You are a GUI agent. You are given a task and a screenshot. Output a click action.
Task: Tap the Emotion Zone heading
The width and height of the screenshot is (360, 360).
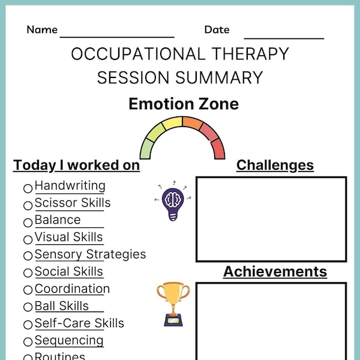183,104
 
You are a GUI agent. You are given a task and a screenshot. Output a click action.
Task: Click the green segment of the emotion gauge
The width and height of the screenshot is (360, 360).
147,145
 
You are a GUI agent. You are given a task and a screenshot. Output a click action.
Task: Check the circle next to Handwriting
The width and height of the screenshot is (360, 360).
28,188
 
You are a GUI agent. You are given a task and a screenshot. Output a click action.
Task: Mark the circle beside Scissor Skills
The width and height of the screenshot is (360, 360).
28,205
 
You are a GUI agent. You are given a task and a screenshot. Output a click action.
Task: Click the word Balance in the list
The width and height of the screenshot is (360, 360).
58,220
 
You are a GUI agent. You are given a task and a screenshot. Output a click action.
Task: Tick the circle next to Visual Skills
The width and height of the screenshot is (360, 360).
28,239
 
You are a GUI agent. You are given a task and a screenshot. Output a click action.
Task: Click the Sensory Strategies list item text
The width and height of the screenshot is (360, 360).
90,254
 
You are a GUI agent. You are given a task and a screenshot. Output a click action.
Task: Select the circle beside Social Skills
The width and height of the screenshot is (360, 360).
28,274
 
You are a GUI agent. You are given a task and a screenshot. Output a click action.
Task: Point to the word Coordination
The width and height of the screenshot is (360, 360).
72,289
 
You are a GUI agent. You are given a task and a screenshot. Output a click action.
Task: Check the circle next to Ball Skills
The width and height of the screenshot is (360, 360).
28,308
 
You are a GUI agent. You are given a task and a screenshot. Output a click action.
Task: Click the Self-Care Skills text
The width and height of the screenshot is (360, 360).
79,323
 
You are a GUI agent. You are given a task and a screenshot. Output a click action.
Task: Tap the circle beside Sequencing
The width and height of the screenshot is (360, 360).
28,342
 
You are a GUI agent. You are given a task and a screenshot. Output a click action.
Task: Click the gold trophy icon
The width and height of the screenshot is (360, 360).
173,304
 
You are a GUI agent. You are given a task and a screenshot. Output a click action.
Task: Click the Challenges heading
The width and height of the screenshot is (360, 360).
275,165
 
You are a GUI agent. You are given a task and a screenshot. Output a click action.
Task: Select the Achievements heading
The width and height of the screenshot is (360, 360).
275,272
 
